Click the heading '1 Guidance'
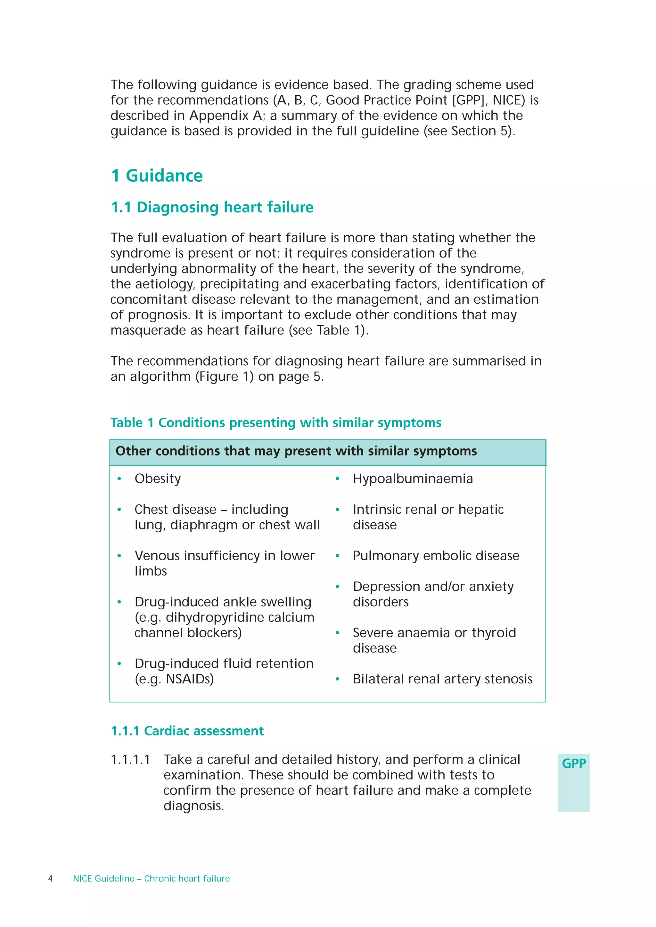click(157, 176)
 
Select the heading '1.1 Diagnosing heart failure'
click(212, 207)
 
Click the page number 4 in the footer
click(51, 879)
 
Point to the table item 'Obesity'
click(158, 479)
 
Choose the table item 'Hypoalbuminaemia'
click(412, 479)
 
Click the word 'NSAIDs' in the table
click(190, 679)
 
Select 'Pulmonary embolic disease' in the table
click(436, 556)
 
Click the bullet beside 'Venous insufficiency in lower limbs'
click(119, 556)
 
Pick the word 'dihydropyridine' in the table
click(214, 617)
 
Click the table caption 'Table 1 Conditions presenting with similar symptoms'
click(276, 423)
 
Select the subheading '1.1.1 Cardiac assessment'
click(187, 731)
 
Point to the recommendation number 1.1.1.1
click(130, 760)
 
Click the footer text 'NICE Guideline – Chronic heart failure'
click(151, 879)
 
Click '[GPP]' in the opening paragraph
click(469, 100)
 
